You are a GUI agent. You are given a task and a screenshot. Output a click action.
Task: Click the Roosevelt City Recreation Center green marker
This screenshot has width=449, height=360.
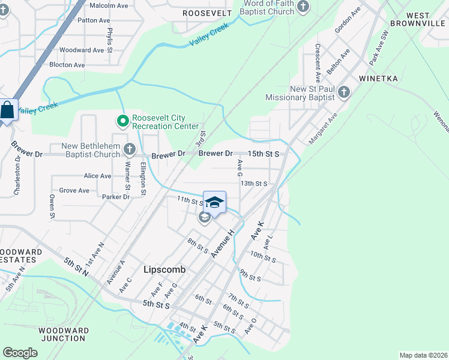(x=123, y=122)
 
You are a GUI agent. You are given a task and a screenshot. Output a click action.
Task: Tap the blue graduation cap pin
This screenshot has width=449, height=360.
(x=214, y=202)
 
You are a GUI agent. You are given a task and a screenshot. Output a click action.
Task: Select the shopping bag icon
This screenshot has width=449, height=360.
(x=7, y=110)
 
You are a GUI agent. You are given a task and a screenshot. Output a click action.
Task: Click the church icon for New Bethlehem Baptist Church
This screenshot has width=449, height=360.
(x=129, y=149)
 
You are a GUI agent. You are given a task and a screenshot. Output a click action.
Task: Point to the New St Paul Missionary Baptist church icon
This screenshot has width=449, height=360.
(x=343, y=92)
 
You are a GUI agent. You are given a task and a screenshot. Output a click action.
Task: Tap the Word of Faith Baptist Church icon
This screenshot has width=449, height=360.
(x=303, y=7)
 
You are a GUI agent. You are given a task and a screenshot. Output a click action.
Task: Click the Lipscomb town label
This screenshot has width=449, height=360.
(x=164, y=270)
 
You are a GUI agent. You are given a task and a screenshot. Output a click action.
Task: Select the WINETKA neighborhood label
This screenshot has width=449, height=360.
(x=378, y=79)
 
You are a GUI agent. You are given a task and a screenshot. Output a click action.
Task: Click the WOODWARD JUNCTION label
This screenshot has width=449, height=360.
(x=63, y=334)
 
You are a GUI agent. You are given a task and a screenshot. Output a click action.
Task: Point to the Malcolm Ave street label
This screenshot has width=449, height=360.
(x=109, y=5)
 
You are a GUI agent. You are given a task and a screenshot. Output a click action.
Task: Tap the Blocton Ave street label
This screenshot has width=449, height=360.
(x=67, y=65)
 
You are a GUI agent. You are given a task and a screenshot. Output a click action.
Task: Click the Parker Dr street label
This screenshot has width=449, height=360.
(x=116, y=197)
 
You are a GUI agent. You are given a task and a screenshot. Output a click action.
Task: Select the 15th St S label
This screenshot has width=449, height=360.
(x=264, y=154)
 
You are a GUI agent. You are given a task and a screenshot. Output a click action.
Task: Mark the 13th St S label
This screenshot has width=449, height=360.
(x=253, y=184)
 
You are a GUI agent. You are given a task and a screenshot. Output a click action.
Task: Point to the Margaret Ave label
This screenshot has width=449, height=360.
(x=323, y=128)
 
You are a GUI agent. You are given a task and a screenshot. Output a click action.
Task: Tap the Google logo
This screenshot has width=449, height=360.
(x=20, y=353)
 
